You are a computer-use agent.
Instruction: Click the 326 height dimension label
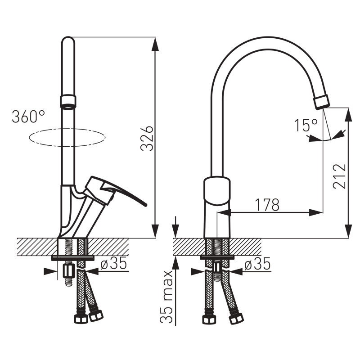point(147,138)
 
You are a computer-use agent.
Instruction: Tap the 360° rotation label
point(28,117)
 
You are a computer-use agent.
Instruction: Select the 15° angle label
point(306,126)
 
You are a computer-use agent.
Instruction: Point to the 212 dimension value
point(339,176)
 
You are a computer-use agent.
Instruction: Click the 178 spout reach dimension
point(267,205)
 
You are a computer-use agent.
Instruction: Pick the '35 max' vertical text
point(166,297)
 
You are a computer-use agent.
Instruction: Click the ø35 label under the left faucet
point(114,263)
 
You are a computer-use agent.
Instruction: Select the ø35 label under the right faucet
point(257,264)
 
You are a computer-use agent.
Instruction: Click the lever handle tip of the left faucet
point(144,205)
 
